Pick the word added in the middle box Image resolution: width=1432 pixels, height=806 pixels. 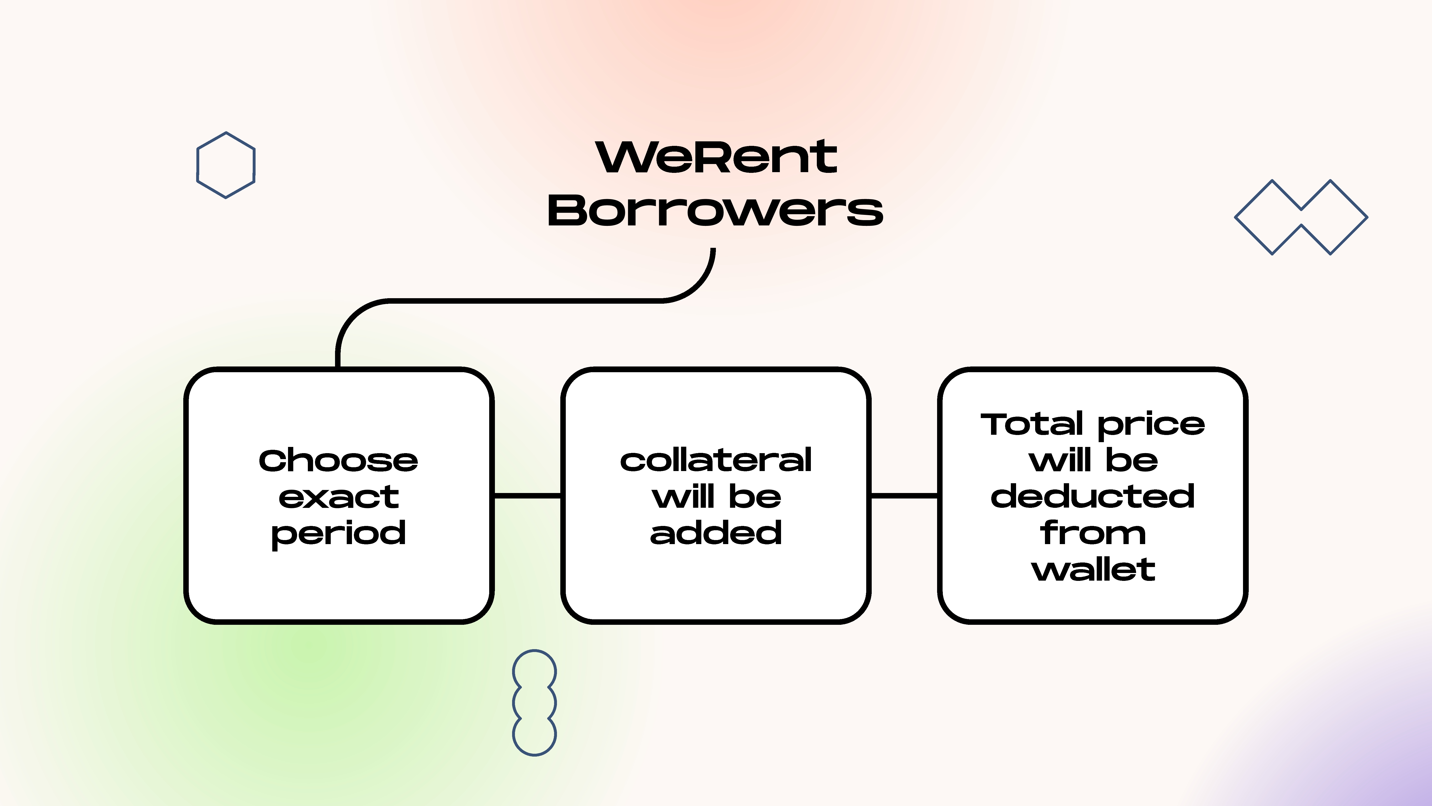(x=716, y=533)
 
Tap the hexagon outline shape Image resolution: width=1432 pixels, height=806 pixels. (x=226, y=165)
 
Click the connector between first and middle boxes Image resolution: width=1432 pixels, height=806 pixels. (x=527, y=495)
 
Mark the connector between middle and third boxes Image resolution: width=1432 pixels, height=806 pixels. (x=904, y=495)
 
